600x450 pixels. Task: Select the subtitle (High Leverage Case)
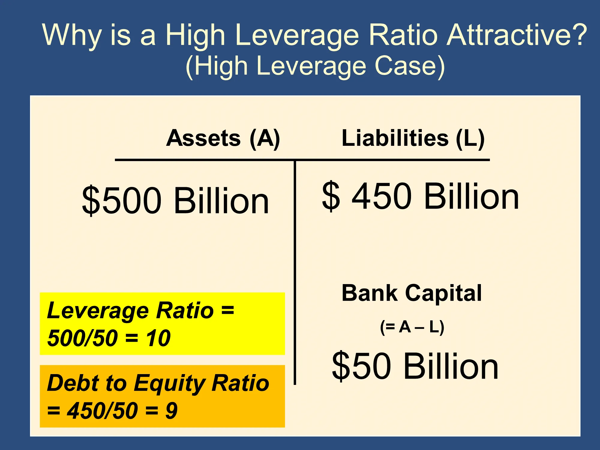[x=315, y=66]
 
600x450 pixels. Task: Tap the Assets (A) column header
[x=223, y=138]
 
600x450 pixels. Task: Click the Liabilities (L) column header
[x=413, y=138]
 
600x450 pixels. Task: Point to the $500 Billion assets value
[x=175, y=200]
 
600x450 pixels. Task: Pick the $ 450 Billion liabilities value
[x=420, y=196]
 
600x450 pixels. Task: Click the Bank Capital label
[x=412, y=293]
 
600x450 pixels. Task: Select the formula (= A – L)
[x=412, y=327]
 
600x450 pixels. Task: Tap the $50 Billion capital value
[x=415, y=366]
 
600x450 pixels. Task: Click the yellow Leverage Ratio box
[x=162, y=324]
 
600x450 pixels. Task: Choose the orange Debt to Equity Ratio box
[x=162, y=396]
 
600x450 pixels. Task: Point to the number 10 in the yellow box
[x=158, y=338]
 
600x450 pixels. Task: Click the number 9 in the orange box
[x=172, y=411]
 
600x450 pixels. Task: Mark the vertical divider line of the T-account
[x=295, y=272]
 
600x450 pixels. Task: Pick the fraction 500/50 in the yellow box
[x=82, y=338]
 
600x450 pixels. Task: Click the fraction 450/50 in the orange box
[x=102, y=411]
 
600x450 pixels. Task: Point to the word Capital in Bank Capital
[x=443, y=293]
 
